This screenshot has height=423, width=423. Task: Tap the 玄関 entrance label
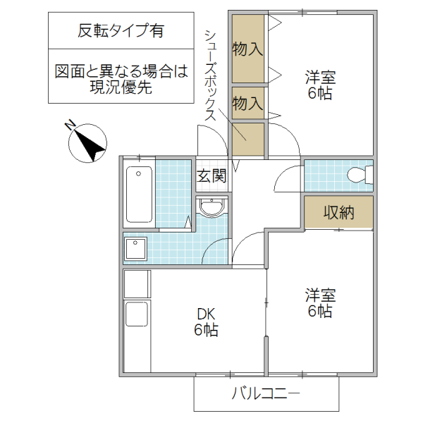tap(211, 176)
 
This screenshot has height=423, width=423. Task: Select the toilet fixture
tap(360, 175)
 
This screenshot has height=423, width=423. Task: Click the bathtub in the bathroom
tap(139, 195)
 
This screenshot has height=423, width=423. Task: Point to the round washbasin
tap(211, 207)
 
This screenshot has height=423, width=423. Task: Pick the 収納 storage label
tap(338, 211)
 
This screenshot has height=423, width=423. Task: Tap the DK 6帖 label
tap(206, 322)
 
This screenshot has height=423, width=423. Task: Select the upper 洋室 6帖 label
tap(319, 85)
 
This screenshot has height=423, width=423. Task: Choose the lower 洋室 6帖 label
tap(319, 302)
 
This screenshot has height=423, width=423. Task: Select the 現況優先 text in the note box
tap(117, 87)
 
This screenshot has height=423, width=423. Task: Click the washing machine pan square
tap(135, 249)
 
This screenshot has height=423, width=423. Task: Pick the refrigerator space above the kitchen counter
tap(137, 283)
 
